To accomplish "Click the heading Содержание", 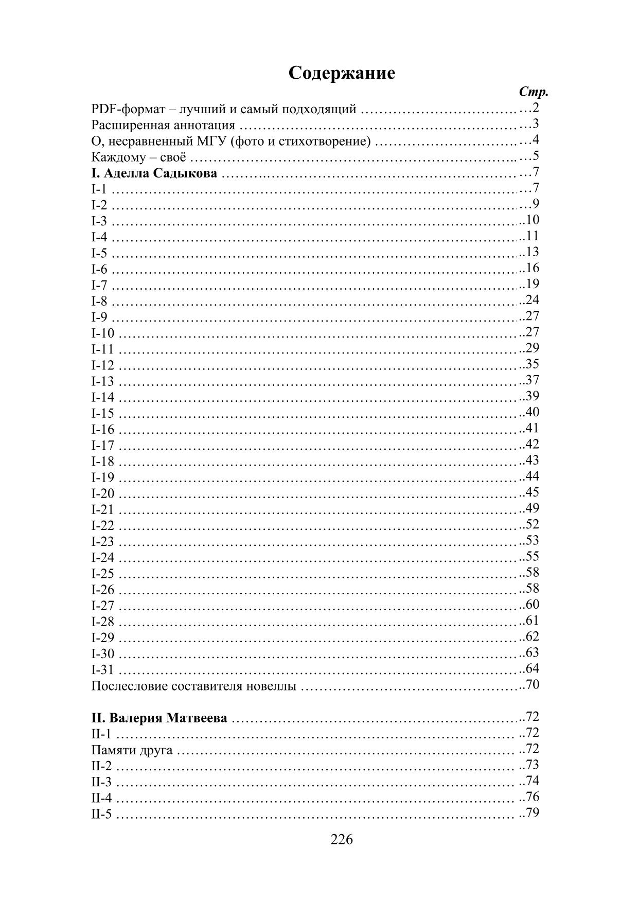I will click(342, 73).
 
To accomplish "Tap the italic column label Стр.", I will click(534, 93).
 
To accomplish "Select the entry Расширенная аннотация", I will click(163, 125).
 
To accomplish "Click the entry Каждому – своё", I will click(138, 157).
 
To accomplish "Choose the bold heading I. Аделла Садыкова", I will click(154, 173).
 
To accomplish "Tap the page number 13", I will click(532, 252).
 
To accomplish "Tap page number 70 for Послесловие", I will click(532, 685).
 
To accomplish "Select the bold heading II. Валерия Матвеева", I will click(159, 718).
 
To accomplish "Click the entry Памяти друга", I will click(132, 750).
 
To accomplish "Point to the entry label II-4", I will click(101, 799).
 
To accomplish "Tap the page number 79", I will click(532, 813).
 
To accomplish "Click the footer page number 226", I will click(342, 840).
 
